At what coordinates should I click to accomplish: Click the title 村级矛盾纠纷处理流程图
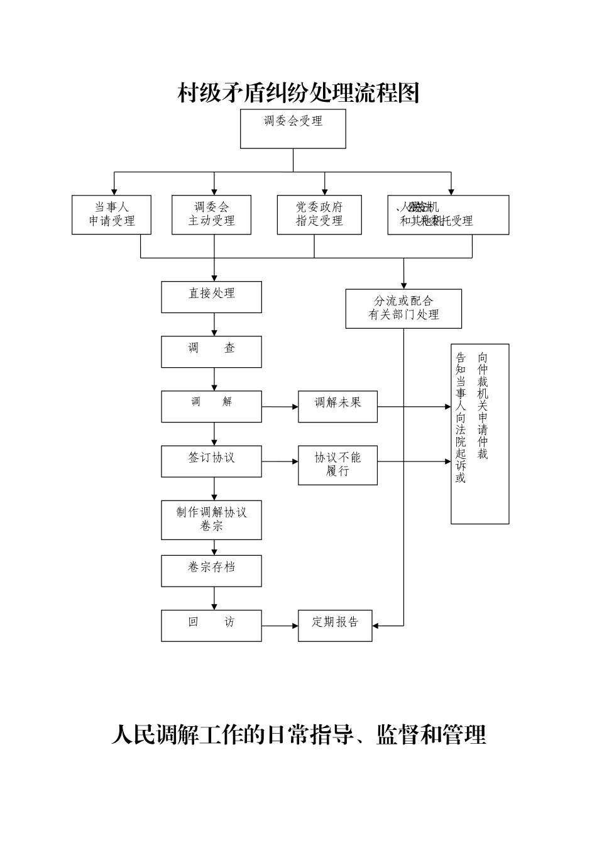point(298,94)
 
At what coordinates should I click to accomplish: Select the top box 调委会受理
point(293,129)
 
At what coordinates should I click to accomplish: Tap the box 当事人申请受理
point(111,215)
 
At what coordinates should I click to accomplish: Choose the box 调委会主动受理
point(211,215)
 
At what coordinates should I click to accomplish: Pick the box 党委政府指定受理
point(319,215)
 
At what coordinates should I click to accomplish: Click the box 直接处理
point(211,297)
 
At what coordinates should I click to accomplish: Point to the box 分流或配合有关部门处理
point(403,309)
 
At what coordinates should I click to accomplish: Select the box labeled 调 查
point(211,351)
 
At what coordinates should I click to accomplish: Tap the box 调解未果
point(337,407)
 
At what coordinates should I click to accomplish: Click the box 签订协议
point(211,461)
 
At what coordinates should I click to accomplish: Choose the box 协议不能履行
point(337,465)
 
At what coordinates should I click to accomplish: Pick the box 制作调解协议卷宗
point(211,520)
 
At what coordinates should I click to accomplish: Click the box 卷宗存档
point(211,571)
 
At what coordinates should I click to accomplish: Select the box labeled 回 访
point(211,626)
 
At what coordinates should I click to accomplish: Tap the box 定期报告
point(335,626)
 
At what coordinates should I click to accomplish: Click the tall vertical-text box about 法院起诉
point(479,434)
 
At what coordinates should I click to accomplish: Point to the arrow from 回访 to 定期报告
point(280,626)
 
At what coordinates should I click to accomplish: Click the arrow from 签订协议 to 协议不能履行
point(280,461)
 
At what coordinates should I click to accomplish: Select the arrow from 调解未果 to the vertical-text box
point(414,407)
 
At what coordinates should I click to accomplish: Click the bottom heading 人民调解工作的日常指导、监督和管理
point(298,734)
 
